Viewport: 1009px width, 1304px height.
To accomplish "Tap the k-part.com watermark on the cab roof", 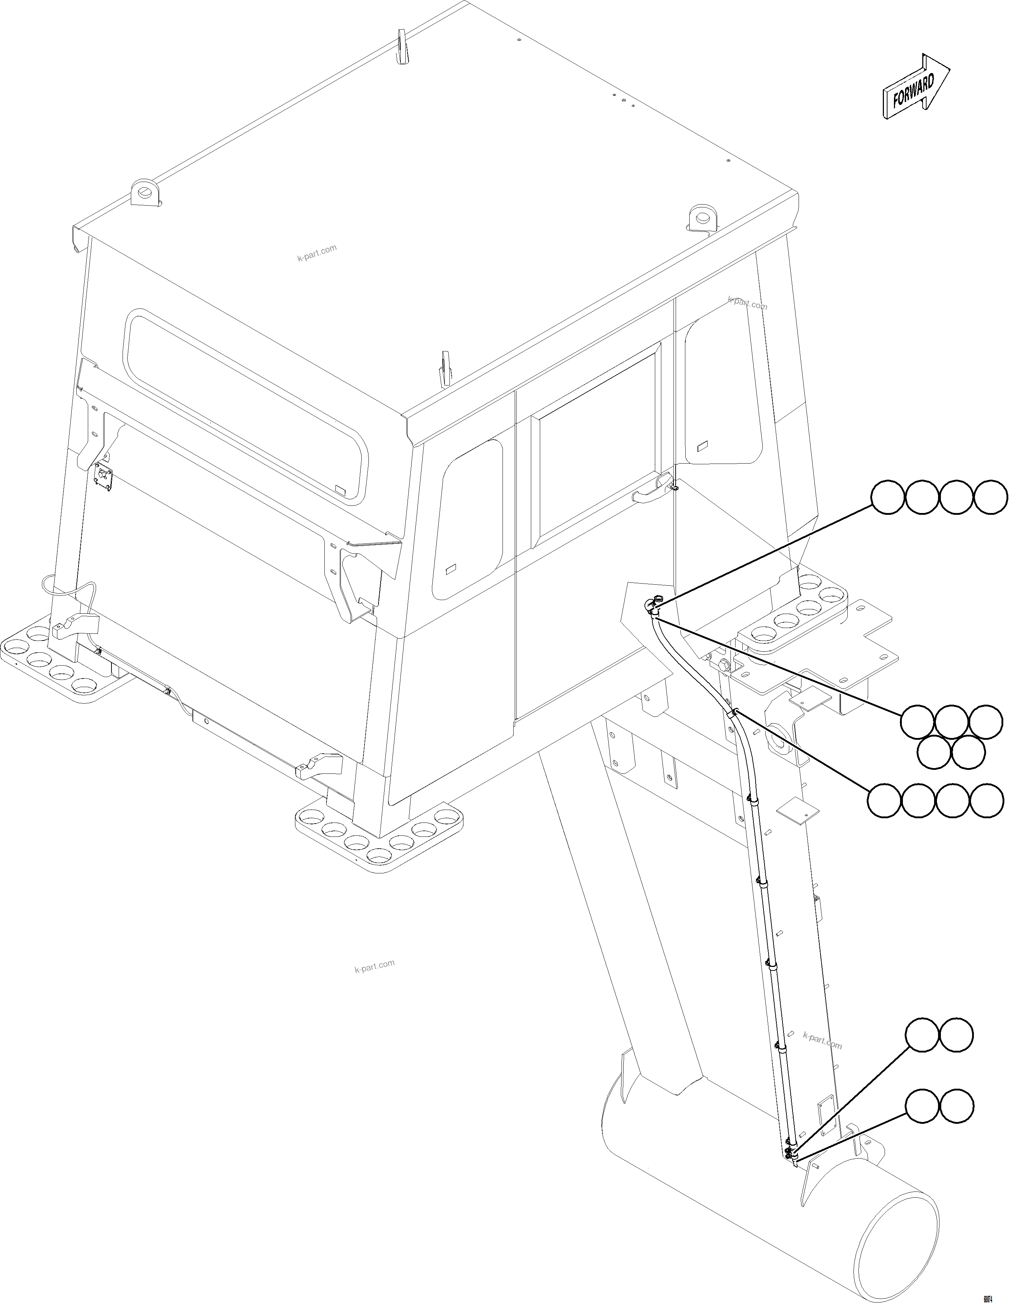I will (316, 253).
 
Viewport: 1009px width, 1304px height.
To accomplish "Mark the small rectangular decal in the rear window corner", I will (341, 490).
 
